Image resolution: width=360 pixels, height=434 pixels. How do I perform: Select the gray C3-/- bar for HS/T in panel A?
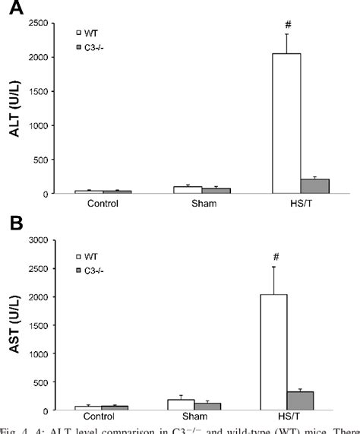(x=314, y=186)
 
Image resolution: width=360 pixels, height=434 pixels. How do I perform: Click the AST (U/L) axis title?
(x=13, y=327)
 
